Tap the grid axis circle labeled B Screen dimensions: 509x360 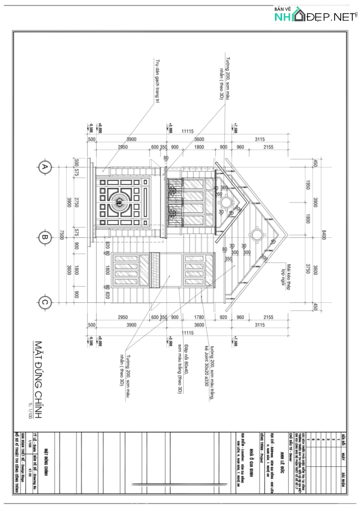(45, 236)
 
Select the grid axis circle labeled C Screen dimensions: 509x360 (45, 302)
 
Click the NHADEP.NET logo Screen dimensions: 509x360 (315, 15)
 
